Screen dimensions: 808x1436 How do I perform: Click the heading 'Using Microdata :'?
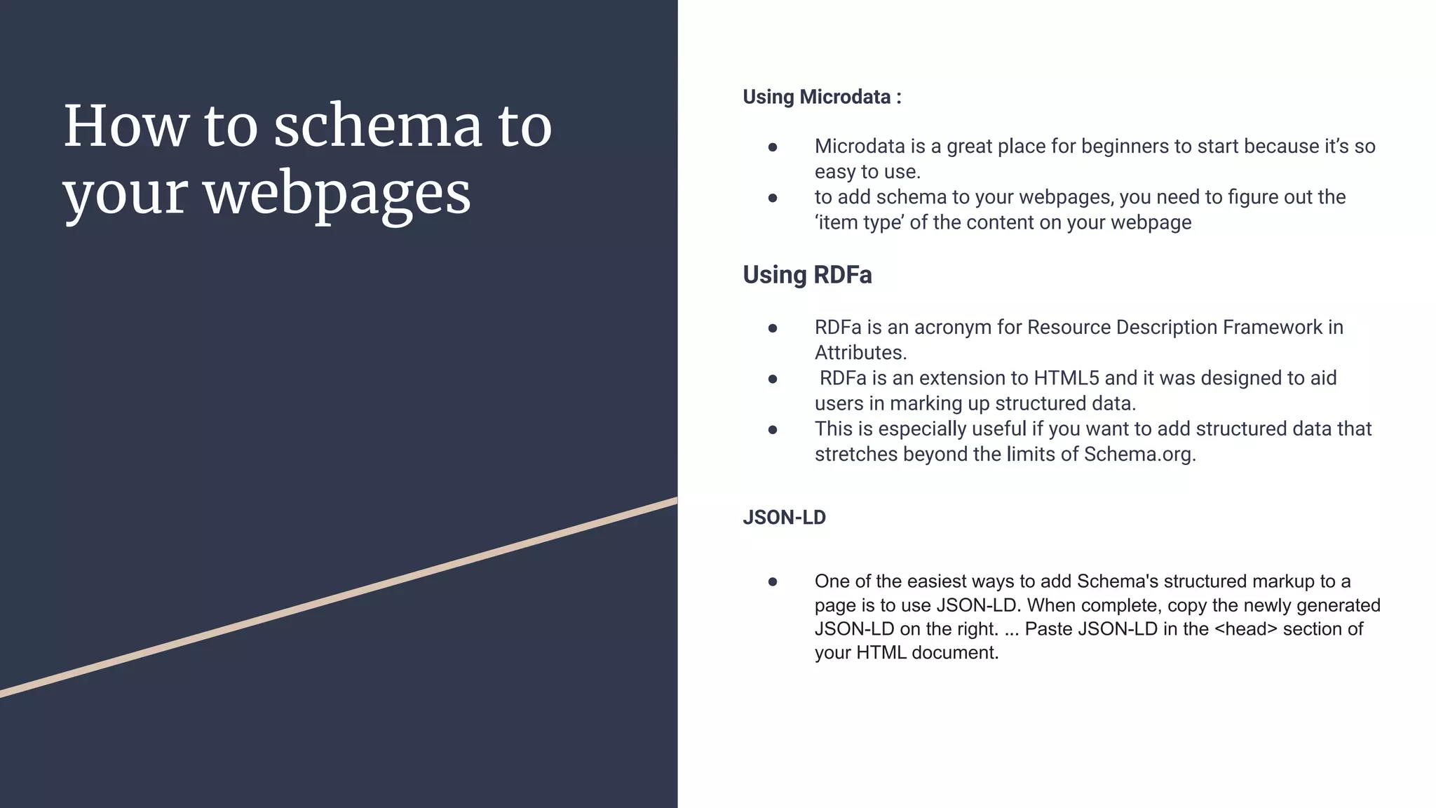[822, 97]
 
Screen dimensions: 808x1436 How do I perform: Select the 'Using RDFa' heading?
[807, 275]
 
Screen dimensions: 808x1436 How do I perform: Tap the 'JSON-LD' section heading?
[784, 518]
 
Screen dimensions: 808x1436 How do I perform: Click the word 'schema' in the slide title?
[377, 126]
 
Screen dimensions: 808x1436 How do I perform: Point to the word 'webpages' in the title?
[337, 194]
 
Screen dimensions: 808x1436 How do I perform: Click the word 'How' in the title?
[126, 126]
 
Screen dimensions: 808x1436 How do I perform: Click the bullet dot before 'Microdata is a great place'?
[773, 147]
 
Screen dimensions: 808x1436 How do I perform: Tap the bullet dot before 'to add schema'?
[773, 198]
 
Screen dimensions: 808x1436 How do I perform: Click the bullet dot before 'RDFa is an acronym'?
[773, 328]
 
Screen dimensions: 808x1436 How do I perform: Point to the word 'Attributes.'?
[860, 353]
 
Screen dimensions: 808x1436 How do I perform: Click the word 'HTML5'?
[1066, 379]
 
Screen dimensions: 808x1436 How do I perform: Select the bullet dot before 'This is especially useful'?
[773, 430]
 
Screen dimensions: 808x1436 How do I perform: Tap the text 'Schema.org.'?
[1139, 454]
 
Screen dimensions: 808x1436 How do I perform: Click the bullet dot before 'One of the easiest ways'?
[773, 581]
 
